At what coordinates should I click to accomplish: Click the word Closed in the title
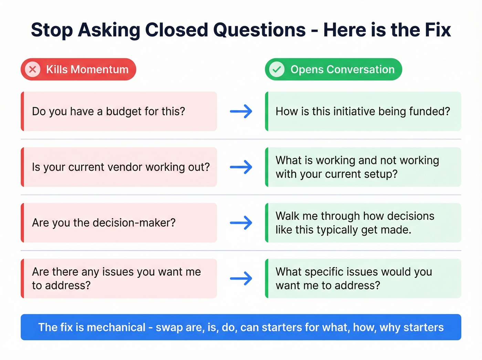pos(176,30)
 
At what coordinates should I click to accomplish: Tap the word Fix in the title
pos(438,30)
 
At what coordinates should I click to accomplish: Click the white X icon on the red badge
pos(33,69)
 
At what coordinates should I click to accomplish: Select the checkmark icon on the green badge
pos(276,69)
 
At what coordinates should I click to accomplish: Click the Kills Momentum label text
pos(87,70)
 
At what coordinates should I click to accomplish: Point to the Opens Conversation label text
pos(342,70)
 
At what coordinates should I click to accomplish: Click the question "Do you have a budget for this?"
pos(108,111)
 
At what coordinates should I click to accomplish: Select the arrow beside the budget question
pos(241,111)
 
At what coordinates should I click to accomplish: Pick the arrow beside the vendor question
pos(241,167)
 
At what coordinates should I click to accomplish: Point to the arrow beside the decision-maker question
pos(241,223)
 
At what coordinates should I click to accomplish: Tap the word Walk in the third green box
pos(287,216)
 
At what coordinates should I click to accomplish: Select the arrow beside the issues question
pos(241,278)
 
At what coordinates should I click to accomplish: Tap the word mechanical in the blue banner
pos(116,327)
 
